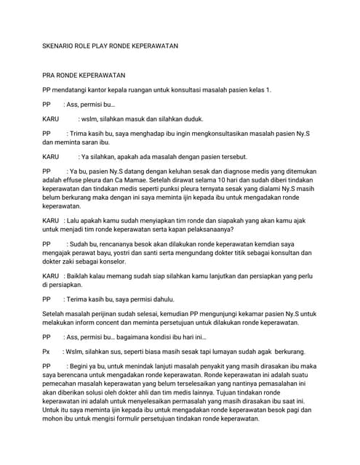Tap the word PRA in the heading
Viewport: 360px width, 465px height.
[x=50, y=76]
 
